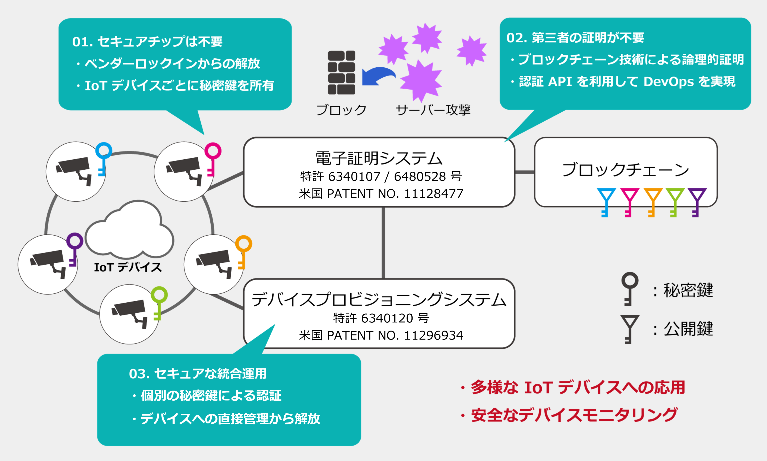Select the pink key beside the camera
click(x=212, y=158)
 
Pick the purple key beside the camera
click(x=74, y=249)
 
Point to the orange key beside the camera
click(x=243, y=251)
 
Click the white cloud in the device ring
click(x=129, y=230)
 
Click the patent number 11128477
click(x=433, y=194)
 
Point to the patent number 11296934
click(x=433, y=335)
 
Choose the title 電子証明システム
click(x=379, y=158)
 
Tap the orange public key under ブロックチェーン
click(x=652, y=202)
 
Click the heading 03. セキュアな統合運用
click(x=198, y=374)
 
